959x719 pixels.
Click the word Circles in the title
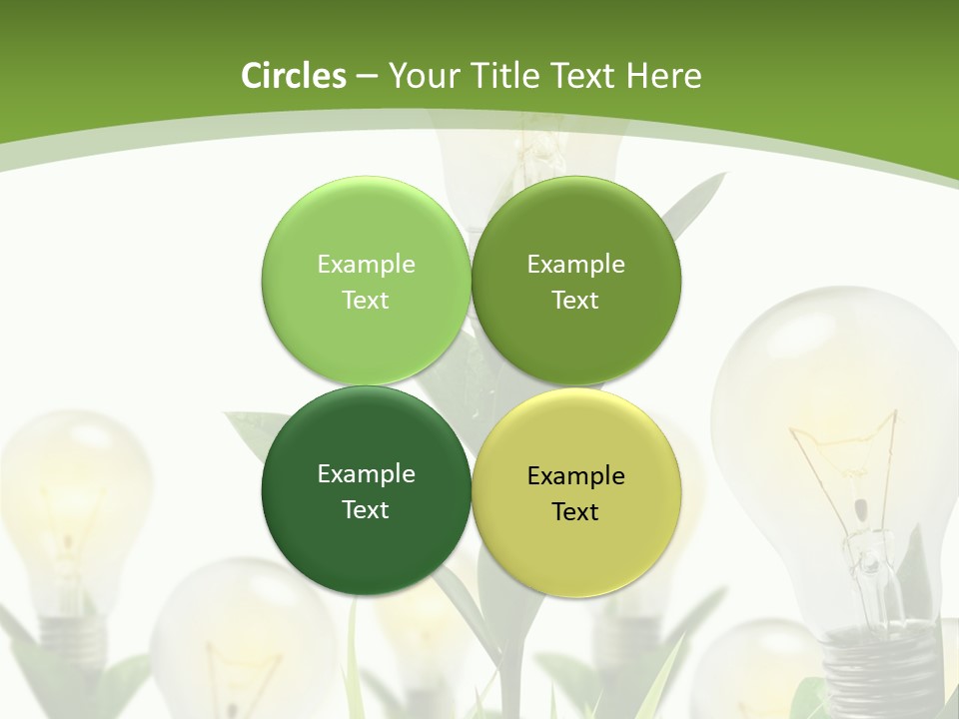(294, 76)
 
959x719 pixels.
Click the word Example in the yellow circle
(575, 476)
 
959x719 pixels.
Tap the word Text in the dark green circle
(366, 509)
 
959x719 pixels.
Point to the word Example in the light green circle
(366, 264)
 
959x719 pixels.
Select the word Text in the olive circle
(575, 300)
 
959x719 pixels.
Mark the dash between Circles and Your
(367, 77)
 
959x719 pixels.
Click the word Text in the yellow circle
(575, 512)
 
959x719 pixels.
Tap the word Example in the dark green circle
(366, 473)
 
